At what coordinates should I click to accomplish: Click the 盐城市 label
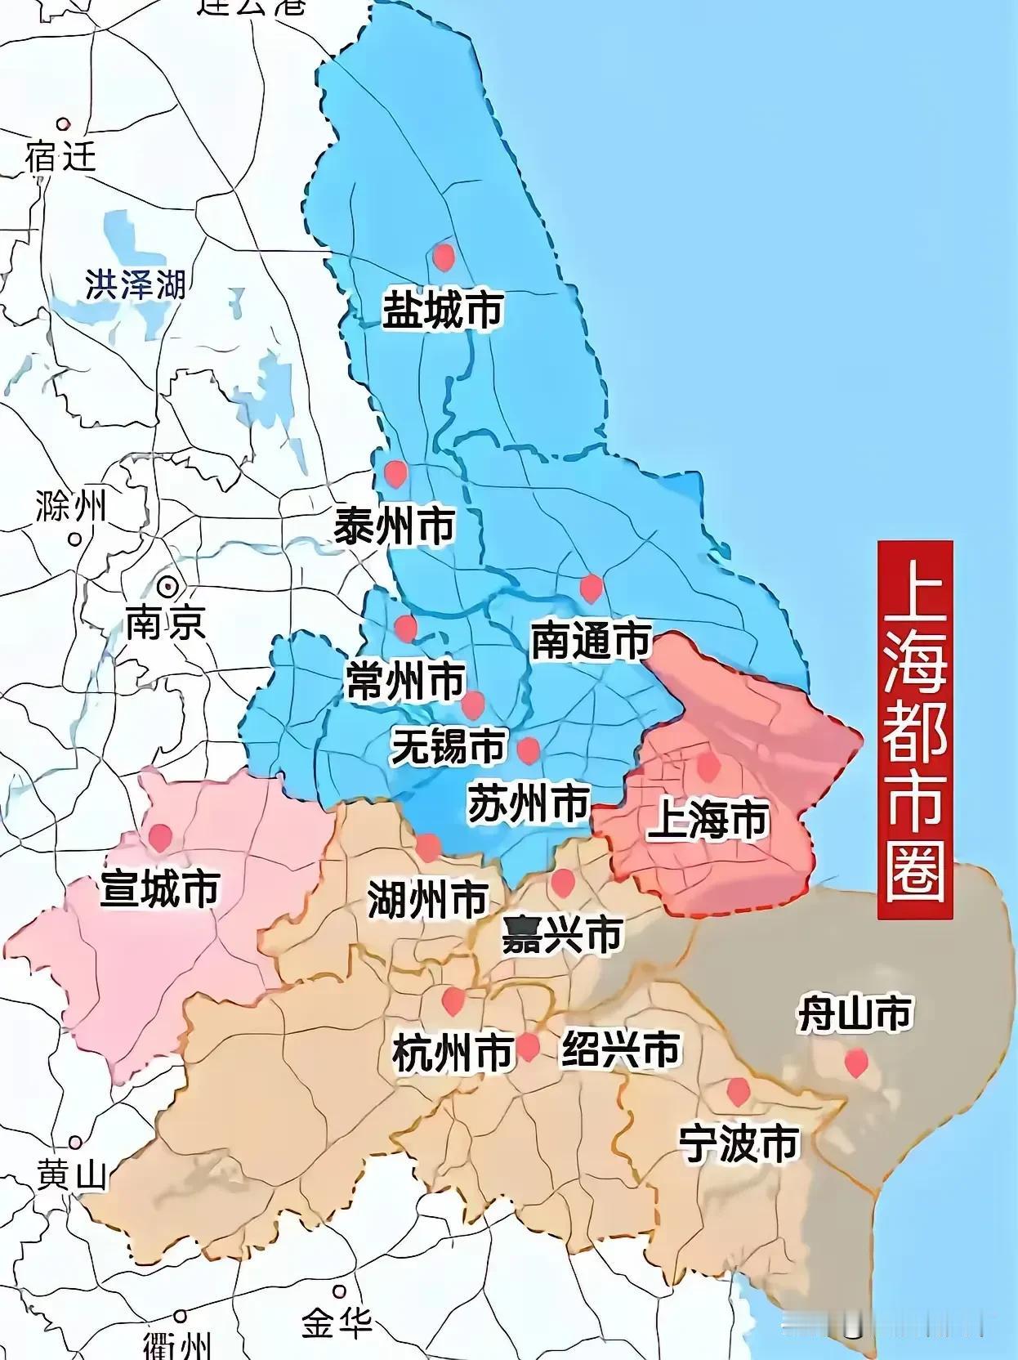(x=443, y=310)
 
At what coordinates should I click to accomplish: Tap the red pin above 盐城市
(x=443, y=256)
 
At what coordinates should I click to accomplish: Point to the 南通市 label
(x=591, y=640)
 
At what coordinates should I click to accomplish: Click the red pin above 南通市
(x=590, y=588)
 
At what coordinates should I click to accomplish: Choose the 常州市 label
(x=405, y=681)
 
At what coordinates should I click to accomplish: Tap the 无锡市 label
(x=449, y=746)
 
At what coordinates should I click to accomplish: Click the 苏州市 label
(x=529, y=803)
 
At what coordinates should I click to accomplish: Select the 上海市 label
(x=708, y=819)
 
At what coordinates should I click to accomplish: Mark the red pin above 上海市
(x=708, y=766)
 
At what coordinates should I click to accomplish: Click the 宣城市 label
(x=160, y=888)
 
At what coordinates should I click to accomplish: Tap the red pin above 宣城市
(x=160, y=836)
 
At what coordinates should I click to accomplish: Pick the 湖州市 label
(x=427, y=900)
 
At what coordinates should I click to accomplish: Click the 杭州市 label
(x=452, y=1052)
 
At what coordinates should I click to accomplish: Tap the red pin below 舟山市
(x=855, y=1062)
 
